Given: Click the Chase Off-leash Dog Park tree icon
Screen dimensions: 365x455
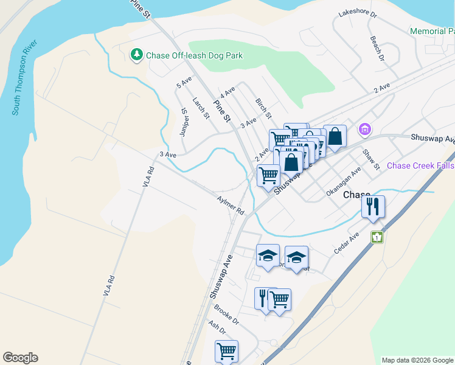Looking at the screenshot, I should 137,55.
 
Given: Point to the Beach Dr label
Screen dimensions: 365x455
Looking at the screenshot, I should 377,48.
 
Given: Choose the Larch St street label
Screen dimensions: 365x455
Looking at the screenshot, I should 201,108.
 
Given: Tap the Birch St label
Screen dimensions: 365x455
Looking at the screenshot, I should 263,108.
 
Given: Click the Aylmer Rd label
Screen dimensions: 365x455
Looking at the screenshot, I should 231,205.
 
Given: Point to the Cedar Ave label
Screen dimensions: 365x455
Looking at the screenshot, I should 347,243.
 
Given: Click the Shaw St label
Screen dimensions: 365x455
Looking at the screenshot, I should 370,159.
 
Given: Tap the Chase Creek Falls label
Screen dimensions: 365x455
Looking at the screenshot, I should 420,165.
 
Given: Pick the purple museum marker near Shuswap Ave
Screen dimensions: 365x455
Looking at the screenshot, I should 364,129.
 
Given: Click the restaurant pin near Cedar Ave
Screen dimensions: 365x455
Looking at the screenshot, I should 372,207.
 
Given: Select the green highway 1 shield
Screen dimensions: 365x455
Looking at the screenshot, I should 378,237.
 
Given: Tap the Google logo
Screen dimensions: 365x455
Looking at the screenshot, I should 20,358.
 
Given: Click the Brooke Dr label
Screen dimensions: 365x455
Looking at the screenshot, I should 227,315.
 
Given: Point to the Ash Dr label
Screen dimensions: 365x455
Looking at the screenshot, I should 217,328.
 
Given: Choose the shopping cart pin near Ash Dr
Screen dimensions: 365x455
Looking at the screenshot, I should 226,351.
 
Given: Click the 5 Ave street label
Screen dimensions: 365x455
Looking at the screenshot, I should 184,83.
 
